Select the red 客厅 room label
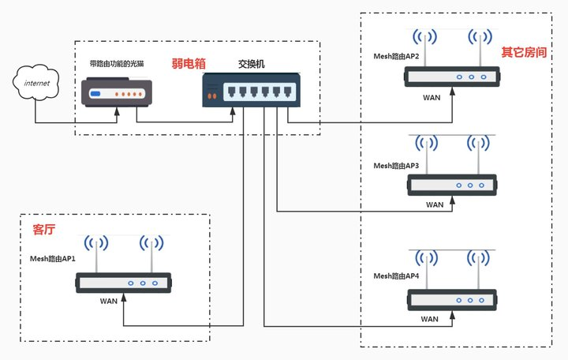click(44, 230)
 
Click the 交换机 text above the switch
click(251, 63)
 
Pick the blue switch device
click(250, 90)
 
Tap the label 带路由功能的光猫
click(116, 62)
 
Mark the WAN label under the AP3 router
click(435, 204)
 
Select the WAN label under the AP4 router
click(430, 319)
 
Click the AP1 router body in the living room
click(123, 283)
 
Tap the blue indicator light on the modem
click(95, 94)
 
